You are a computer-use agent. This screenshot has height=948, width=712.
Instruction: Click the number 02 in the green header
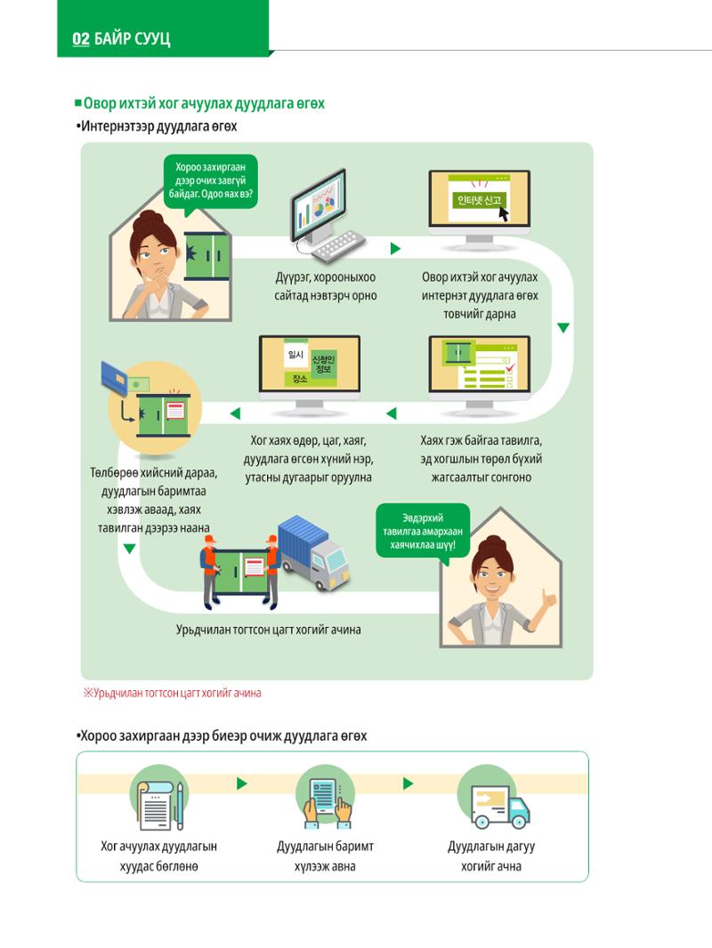[x=80, y=39]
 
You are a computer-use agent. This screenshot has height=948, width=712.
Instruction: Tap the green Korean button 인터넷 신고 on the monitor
[x=479, y=200]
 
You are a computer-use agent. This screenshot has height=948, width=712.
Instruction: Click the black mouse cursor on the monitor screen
[x=503, y=213]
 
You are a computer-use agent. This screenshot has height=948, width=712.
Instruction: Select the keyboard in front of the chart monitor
[x=336, y=245]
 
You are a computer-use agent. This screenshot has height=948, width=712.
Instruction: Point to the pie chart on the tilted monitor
[x=325, y=205]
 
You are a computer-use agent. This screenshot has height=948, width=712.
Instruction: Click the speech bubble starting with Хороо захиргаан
[x=211, y=181]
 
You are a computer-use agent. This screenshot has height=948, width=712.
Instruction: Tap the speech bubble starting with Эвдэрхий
[x=423, y=532]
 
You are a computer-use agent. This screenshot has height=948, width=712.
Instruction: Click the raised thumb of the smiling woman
[x=548, y=598]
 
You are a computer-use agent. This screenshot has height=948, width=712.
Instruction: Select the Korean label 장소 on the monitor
[x=300, y=379]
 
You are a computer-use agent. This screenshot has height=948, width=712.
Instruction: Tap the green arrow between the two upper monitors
[x=395, y=248]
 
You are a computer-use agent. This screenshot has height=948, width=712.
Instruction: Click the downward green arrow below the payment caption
[x=129, y=549]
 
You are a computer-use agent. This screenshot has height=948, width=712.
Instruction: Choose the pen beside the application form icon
[x=180, y=806]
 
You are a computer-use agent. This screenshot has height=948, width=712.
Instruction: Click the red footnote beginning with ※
[x=173, y=693]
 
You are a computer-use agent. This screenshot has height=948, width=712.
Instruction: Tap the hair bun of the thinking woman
[x=148, y=220]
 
